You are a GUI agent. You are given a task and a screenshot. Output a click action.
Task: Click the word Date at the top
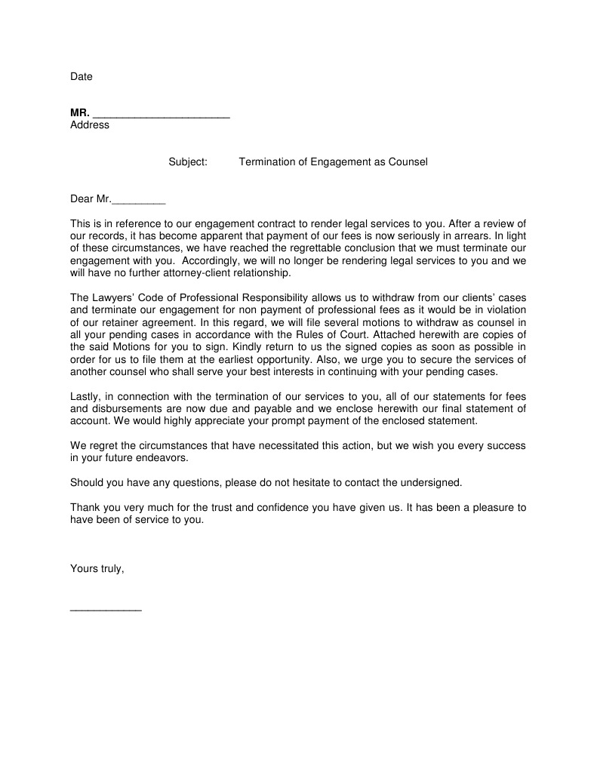pyautogui.click(x=82, y=77)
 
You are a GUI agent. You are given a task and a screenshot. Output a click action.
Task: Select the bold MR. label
pyautogui.click(x=79, y=113)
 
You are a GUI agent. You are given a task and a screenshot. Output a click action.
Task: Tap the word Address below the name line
pyautogui.click(x=90, y=125)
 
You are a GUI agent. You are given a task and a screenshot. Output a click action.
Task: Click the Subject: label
pyautogui.click(x=188, y=162)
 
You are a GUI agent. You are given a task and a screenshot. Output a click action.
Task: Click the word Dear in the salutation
pyautogui.click(x=82, y=199)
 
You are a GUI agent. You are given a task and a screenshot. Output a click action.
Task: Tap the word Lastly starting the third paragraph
pyautogui.click(x=86, y=397)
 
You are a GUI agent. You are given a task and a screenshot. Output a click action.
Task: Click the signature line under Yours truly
pyautogui.click(x=106, y=609)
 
